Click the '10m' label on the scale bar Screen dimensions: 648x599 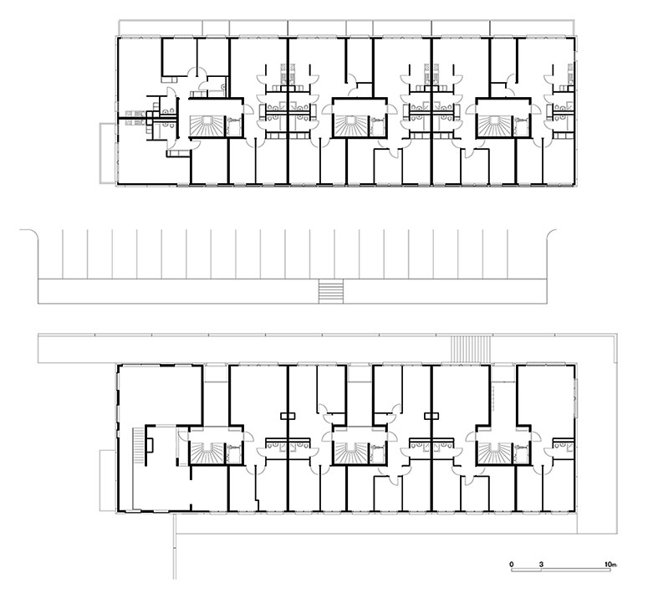tap(611, 564)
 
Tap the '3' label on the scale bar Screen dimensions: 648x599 tap(541, 564)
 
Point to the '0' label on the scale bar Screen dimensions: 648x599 tap(512, 564)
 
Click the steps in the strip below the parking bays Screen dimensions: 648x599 tap(331, 291)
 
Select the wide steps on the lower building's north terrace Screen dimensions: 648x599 tap(471, 350)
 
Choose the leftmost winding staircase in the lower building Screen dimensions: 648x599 tap(207, 453)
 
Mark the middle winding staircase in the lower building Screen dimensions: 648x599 tap(350, 453)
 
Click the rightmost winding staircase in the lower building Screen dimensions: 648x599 tap(494, 453)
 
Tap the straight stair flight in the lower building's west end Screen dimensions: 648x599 tap(139, 445)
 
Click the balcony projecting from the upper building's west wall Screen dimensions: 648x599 tap(108, 153)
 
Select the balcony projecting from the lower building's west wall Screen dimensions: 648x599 tap(108, 480)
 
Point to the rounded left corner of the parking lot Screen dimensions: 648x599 tap(31, 233)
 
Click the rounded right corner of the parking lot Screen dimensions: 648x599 tap(552, 233)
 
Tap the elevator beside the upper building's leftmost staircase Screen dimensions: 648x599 tap(234, 125)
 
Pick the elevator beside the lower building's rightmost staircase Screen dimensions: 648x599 tap(522, 453)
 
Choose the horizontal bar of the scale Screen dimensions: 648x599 tap(561, 571)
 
